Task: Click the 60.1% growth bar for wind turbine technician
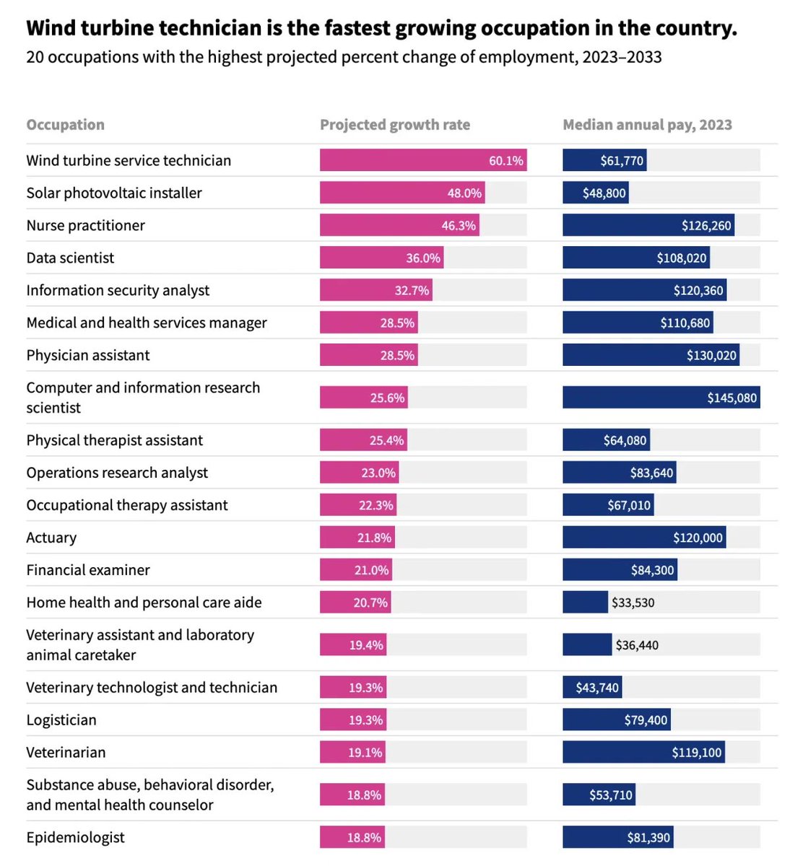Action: [x=423, y=160]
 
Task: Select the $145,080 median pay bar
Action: [x=661, y=398]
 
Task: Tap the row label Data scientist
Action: [x=70, y=258]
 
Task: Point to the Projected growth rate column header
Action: [x=394, y=125]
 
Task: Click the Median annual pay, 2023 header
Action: [x=647, y=125]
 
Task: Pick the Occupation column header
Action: [x=65, y=125]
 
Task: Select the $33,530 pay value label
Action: [x=633, y=603]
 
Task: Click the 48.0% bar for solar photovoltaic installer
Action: [x=402, y=193]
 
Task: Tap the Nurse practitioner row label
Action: [x=85, y=226]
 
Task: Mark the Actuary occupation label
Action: [x=51, y=538]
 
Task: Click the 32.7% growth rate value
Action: [x=412, y=291]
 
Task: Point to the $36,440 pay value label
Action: [x=637, y=645]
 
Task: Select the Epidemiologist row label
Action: [x=75, y=838]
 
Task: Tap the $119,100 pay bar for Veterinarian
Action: [x=643, y=752]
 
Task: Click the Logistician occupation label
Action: [x=61, y=720]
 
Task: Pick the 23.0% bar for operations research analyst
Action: [x=359, y=473]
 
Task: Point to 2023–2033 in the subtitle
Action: [x=622, y=57]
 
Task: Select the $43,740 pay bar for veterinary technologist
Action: [x=592, y=687]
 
